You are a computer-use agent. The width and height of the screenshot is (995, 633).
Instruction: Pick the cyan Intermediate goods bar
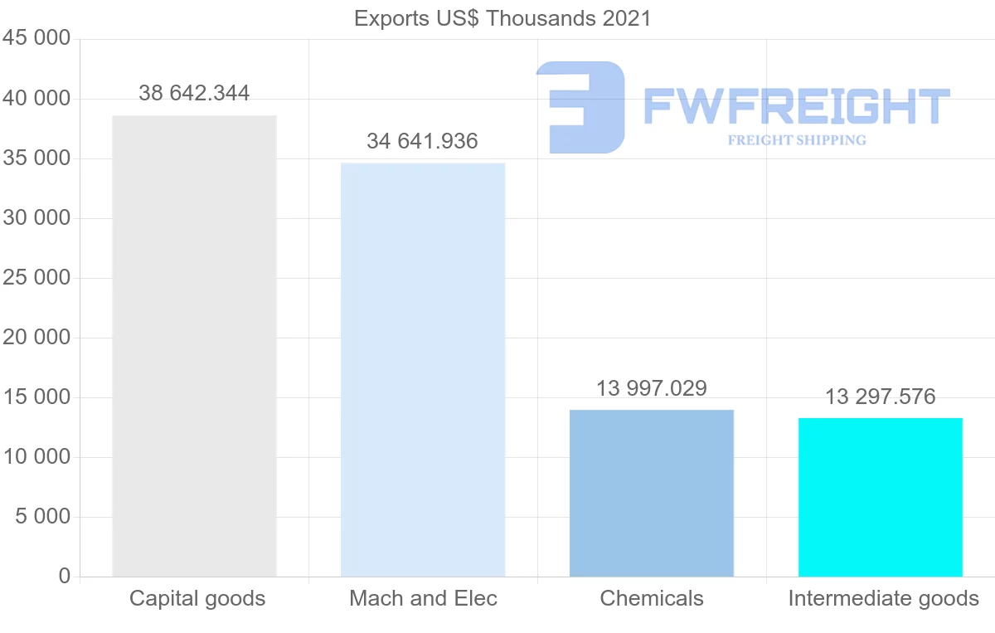[881, 497]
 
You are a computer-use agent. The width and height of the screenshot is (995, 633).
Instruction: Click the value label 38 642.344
[194, 93]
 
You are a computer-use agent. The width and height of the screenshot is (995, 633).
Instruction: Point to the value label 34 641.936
[423, 141]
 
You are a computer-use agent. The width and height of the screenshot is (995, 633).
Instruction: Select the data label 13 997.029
[652, 388]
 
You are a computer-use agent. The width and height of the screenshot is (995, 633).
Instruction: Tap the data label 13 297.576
[881, 397]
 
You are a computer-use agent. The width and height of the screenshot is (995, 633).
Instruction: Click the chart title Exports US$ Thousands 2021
[502, 18]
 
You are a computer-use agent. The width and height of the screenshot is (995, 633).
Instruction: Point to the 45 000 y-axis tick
[36, 39]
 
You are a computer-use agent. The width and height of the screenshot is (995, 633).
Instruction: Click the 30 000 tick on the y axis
[36, 218]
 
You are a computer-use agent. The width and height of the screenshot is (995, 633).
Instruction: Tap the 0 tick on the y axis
[65, 577]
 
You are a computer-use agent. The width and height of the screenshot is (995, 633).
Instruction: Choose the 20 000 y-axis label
[36, 338]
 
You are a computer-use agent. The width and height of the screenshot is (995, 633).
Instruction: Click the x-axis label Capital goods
[197, 598]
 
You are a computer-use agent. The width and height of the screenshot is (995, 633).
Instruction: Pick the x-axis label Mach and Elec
[423, 598]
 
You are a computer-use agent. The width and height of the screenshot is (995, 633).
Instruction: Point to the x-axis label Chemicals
[652, 598]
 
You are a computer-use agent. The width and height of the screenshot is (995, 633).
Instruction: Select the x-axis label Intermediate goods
[884, 598]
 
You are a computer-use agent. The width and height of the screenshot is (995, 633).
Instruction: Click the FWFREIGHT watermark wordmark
[796, 106]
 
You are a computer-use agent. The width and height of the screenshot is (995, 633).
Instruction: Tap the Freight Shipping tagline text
[797, 140]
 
